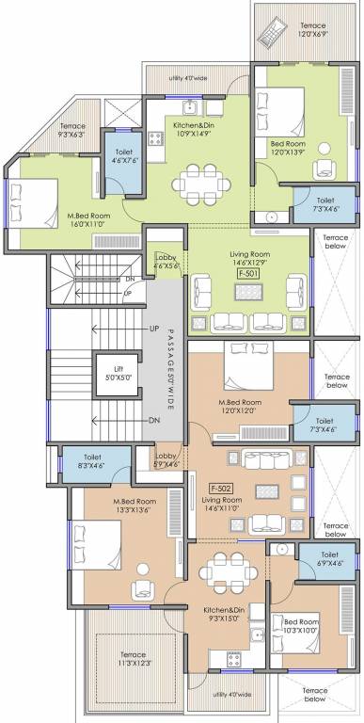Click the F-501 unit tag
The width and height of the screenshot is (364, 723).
pyautogui.click(x=249, y=272)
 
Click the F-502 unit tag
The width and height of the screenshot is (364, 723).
pyautogui.click(x=221, y=489)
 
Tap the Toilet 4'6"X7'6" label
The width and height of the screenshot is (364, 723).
pyautogui.click(x=123, y=155)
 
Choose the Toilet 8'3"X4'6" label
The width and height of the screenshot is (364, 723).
pyautogui.click(x=91, y=460)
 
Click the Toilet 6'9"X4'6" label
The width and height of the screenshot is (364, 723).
pyautogui.click(x=329, y=560)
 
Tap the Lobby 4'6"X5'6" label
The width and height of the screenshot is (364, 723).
pyautogui.click(x=166, y=261)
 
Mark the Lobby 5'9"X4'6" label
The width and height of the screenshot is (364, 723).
pyautogui.click(x=166, y=460)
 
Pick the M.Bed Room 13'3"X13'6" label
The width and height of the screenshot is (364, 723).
pyautogui.click(x=135, y=506)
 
